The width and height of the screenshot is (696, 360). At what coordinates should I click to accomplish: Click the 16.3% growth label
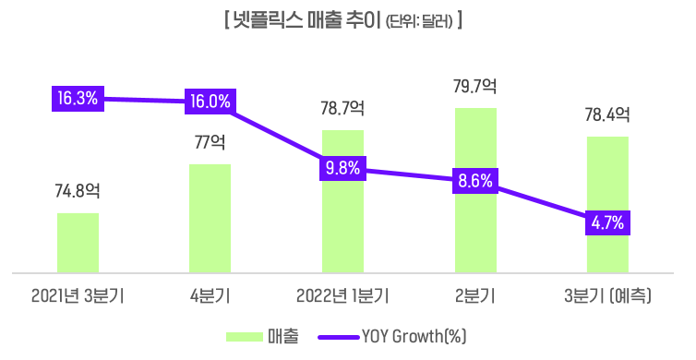point(78,98)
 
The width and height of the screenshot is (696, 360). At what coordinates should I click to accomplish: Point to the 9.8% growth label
point(342,168)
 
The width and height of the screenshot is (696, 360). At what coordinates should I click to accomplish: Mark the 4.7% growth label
point(607,222)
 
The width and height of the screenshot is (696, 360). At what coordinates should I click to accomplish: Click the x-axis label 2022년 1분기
point(342,296)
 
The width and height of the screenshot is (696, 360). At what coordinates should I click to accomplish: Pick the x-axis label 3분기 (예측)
point(607,296)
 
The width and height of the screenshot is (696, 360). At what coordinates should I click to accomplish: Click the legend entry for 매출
point(264,337)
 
